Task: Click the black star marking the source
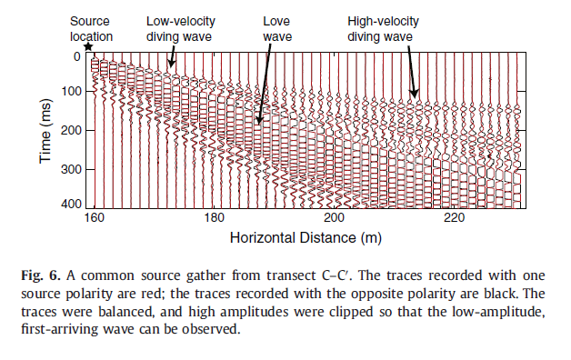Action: coord(87,47)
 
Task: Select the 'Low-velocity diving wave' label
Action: coord(179,28)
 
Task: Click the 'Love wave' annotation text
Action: coord(277,28)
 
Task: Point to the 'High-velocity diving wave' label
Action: coord(381,28)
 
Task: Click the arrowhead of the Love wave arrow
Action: coord(259,122)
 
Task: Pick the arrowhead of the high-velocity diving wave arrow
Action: coord(414,95)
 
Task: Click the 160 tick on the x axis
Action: coord(95,218)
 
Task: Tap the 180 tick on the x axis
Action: coord(215,218)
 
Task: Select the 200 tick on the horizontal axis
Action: coord(335,218)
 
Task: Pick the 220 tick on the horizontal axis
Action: coord(455,218)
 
